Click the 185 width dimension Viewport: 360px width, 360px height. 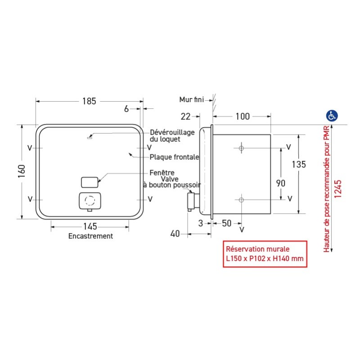[89, 101]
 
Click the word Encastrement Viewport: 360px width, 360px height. [90, 236]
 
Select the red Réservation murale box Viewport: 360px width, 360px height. [265, 254]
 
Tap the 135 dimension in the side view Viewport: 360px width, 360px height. [298, 165]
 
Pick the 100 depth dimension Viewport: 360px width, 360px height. [242, 117]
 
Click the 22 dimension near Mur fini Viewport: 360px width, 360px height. [185, 117]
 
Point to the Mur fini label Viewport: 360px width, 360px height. [191, 99]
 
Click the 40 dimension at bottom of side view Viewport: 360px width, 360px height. [175, 233]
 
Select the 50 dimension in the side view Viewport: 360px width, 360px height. [227, 223]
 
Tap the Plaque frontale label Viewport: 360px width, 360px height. [174, 157]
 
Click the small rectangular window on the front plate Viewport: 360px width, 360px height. [89, 182]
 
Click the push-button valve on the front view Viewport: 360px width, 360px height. [90, 201]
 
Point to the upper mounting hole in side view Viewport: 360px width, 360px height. [242, 148]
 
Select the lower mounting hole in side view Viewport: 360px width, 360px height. [242, 199]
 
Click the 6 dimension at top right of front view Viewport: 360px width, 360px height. [126, 108]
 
